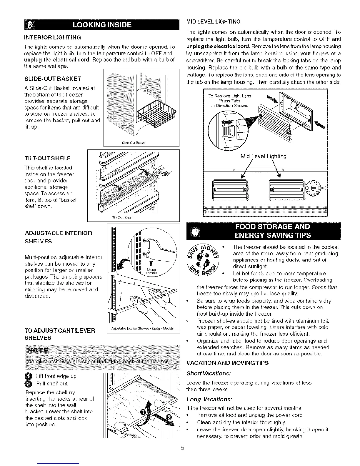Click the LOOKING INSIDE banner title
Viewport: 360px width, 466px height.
click(102, 24)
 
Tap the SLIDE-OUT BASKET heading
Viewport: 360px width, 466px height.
click(53, 79)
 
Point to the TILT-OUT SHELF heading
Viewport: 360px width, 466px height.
click(47, 158)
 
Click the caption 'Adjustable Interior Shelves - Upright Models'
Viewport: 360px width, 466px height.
click(142, 328)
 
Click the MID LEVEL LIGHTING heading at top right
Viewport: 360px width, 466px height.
click(214, 21)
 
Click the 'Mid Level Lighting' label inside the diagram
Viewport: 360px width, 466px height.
click(263, 156)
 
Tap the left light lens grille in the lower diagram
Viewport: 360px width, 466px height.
click(230, 189)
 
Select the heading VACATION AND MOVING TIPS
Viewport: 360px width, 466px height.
click(227, 363)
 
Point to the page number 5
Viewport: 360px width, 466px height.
click(182, 448)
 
